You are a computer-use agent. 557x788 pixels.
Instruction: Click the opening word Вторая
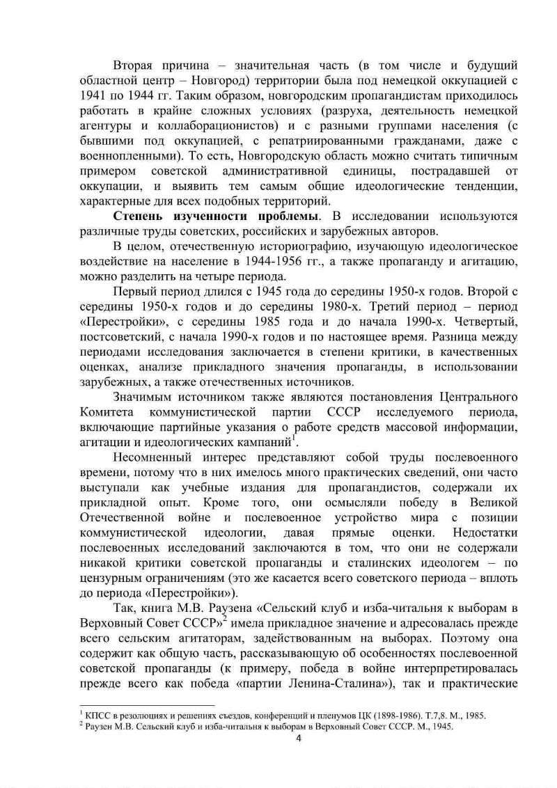134,65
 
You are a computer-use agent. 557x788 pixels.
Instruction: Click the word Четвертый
485,322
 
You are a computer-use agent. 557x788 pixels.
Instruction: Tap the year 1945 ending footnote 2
441,726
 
